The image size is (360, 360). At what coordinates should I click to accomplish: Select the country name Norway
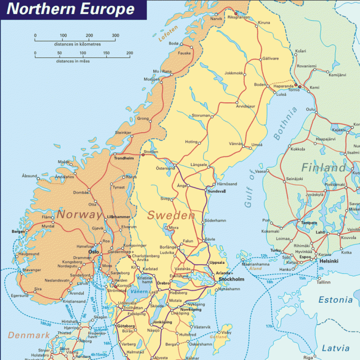(79, 215)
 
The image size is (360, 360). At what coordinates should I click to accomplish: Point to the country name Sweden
(171, 215)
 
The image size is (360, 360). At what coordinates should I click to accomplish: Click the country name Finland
(323, 168)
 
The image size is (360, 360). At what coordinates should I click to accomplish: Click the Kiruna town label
(264, 23)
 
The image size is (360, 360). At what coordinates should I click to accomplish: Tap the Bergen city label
(18, 232)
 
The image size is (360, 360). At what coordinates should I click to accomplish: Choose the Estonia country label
(335, 300)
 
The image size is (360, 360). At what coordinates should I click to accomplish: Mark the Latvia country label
(335, 348)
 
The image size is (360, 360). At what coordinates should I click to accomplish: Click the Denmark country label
(28, 336)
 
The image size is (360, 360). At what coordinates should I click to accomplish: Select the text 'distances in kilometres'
(77, 44)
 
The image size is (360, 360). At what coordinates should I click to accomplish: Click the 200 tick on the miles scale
(129, 53)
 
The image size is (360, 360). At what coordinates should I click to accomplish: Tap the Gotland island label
(218, 337)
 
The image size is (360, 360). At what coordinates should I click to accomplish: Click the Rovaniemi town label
(307, 66)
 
